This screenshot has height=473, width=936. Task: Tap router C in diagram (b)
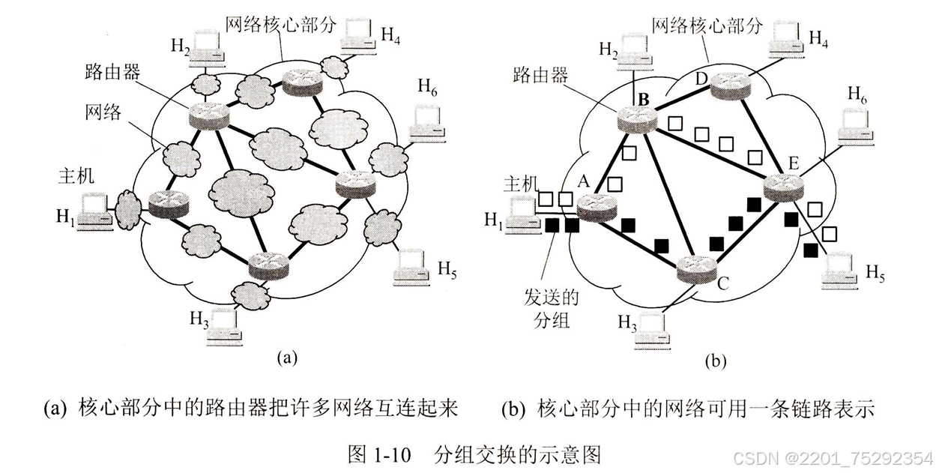point(697,268)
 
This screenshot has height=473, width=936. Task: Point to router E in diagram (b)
point(783,185)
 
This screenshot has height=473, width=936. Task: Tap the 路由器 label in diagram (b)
point(540,75)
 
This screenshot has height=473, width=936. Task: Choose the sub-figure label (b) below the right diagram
point(716,361)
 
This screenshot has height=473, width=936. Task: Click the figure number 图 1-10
point(380,454)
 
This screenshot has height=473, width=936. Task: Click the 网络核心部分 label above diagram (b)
point(707,25)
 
